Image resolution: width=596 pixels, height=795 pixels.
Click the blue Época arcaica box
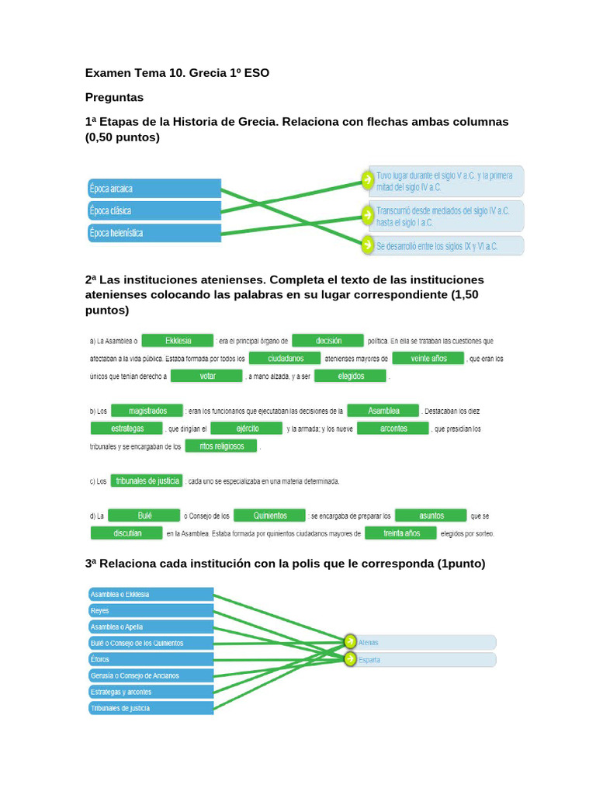(154, 188)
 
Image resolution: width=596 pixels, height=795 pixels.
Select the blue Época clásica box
(154, 210)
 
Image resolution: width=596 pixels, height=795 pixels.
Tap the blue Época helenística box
(154, 232)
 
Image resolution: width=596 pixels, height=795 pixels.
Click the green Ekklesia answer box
(179, 340)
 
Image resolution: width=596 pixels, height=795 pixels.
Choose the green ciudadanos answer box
(285, 359)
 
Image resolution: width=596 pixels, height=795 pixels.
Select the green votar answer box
(206, 376)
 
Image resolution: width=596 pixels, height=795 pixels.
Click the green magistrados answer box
(147, 410)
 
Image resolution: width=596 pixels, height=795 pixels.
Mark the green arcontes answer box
(393, 428)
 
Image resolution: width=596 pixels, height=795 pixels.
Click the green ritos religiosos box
(222, 446)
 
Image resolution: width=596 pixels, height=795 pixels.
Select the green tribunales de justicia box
(147, 481)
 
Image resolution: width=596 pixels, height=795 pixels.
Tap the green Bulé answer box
(144, 515)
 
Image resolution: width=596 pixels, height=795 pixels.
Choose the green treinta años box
(401, 533)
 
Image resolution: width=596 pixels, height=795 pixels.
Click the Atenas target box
(425, 642)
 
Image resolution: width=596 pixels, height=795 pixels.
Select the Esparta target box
(425, 660)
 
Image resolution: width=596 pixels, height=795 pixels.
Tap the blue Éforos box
(151, 659)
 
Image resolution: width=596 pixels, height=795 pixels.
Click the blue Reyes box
(151, 611)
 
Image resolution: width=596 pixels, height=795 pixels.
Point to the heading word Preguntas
(114, 98)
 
